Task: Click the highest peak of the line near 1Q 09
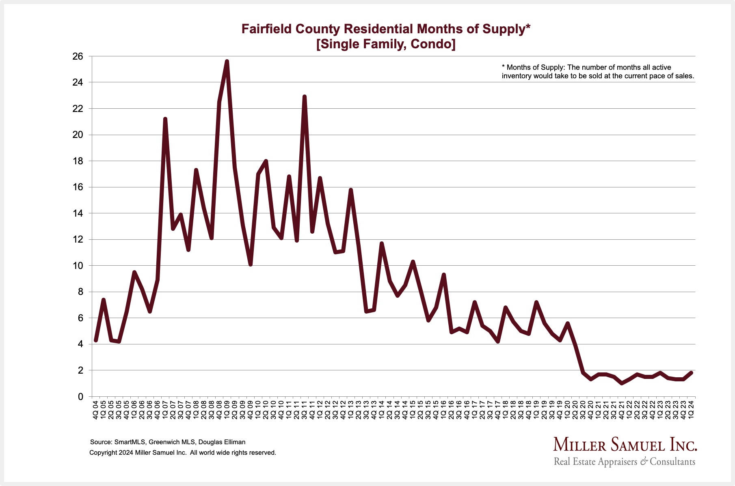227,61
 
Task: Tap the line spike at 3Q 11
304,97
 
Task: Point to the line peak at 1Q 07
165,119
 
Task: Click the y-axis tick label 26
78,56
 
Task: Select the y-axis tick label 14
78,213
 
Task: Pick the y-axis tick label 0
80,397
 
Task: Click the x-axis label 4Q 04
96,410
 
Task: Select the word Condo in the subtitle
432,44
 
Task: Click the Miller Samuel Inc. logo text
625,445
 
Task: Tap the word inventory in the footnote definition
517,76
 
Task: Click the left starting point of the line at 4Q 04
96,340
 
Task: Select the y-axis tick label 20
78,135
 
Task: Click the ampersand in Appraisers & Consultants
644,462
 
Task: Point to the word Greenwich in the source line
163,442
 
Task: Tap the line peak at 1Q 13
350,190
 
